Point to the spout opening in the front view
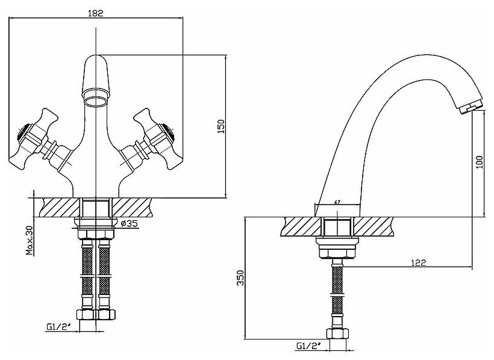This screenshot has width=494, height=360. pyautogui.click(x=96, y=95)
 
